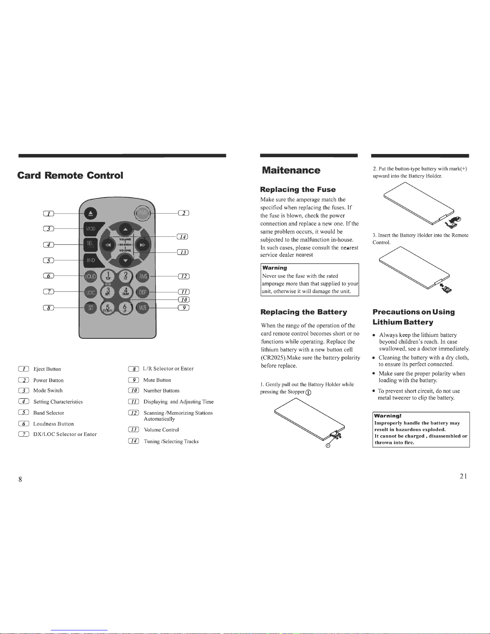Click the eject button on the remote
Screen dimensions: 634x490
pyautogui.click(x=90, y=214)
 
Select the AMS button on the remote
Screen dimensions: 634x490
pyautogui.click(x=143, y=276)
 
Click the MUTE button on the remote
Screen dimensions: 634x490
pyautogui.click(x=143, y=307)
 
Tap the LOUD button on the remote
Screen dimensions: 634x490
pyautogui.click(x=90, y=276)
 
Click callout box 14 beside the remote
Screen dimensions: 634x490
pyautogui.click(x=182, y=237)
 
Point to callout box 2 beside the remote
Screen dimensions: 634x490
pyautogui.click(x=183, y=213)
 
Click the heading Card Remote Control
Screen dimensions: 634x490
pyautogui.click(x=70, y=176)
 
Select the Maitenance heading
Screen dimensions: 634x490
pyautogui.click(x=291, y=170)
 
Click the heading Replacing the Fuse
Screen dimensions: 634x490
pyautogui.click(x=298, y=190)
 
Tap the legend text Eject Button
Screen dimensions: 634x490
pyautogui.click(x=47, y=369)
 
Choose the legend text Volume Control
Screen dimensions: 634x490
pyautogui.click(x=161, y=430)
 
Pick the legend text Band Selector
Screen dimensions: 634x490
pyautogui.click(x=48, y=413)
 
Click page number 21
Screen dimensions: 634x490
pyautogui.click(x=463, y=476)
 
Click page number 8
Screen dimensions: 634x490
pyautogui.click(x=20, y=480)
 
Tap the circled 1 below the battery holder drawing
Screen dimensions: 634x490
pyautogui.click(x=328, y=446)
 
